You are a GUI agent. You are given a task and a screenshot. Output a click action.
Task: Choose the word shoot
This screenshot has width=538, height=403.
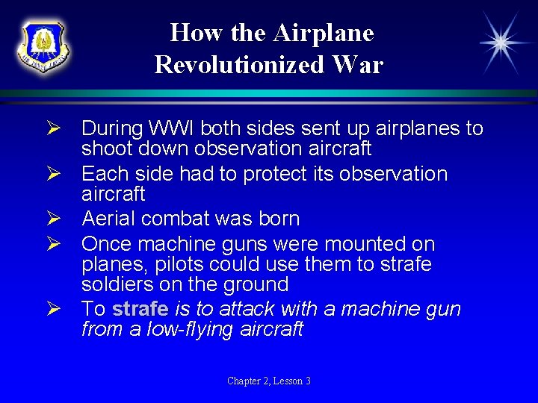pos(107,149)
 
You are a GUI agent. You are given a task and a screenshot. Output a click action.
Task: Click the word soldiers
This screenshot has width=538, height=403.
pos(118,284)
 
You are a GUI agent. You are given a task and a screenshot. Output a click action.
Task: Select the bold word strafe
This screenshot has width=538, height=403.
pos(140,309)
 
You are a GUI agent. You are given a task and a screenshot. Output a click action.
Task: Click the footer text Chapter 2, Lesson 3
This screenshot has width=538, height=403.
pos(269,381)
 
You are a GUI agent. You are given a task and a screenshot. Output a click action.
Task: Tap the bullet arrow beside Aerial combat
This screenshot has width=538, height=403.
pos(64,219)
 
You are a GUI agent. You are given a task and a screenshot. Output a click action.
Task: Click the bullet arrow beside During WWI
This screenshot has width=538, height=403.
pos(64,129)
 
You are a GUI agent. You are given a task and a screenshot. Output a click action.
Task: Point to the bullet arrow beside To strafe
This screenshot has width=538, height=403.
pos(64,310)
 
